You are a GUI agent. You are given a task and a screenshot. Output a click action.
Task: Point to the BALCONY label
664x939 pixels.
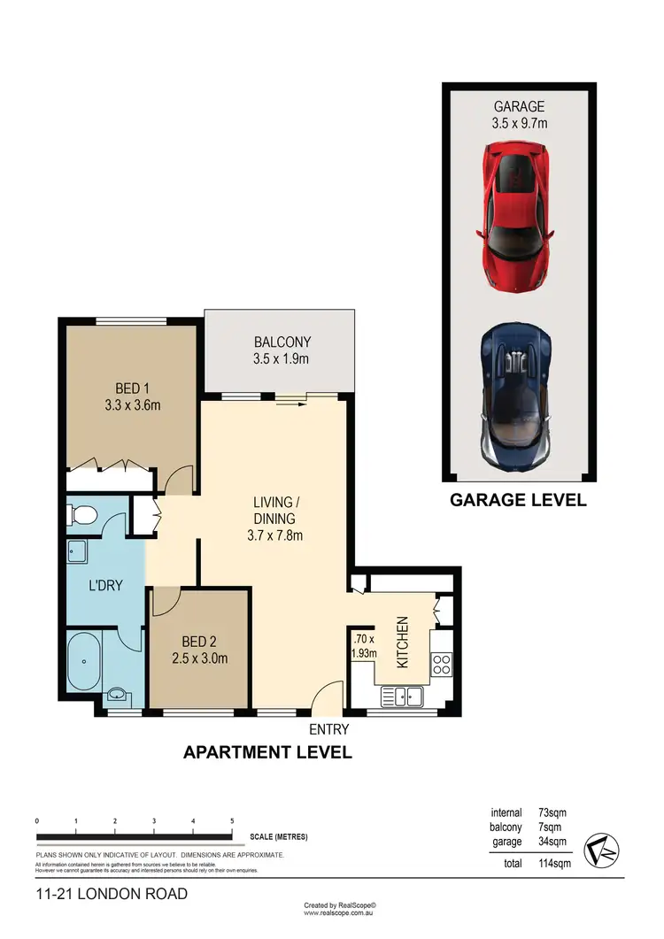click(x=282, y=343)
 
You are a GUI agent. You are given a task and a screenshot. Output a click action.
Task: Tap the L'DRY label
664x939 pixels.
click(x=105, y=585)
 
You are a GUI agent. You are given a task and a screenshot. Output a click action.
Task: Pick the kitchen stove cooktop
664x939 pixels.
click(x=441, y=664)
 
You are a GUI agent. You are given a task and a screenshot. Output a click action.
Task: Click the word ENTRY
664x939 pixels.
click(x=328, y=730)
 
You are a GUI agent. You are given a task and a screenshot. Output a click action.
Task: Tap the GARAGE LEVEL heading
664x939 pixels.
click(x=518, y=500)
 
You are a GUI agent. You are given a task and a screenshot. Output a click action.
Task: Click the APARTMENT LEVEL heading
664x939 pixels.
click(x=267, y=753)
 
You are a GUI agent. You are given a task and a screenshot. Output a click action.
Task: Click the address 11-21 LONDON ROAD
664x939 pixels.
click(x=112, y=894)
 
